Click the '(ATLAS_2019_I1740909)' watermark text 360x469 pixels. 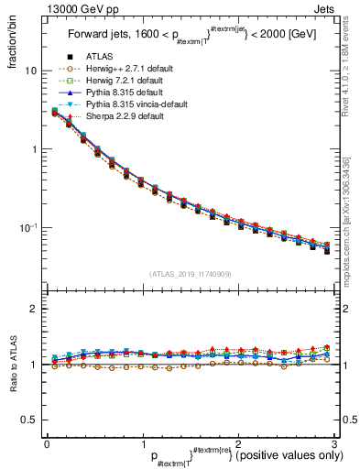pos(191,274)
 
